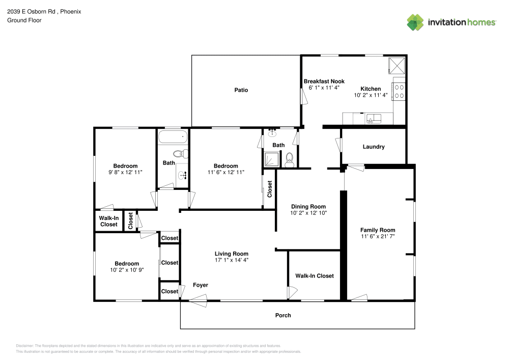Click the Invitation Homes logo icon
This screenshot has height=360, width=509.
(x=415, y=22)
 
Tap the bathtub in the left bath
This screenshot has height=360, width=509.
(x=172, y=137)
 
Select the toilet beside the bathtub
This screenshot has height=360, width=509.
(x=180, y=153)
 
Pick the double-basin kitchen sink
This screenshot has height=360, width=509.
(x=374, y=119)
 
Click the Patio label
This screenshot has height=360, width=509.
(x=241, y=90)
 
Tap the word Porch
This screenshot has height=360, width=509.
(x=283, y=315)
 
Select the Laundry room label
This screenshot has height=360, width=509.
(x=373, y=147)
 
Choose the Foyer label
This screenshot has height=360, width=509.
(x=200, y=285)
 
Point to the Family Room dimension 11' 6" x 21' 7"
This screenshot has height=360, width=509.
(x=378, y=237)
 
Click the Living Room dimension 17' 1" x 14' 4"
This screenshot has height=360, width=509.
(x=231, y=260)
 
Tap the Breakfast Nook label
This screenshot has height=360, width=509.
(x=324, y=81)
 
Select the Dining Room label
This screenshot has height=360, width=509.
(x=308, y=206)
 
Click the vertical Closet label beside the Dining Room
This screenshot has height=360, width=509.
(x=270, y=189)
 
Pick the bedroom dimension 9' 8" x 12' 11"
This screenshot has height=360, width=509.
(x=125, y=173)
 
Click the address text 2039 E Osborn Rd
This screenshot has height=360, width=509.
(x=32, y=11)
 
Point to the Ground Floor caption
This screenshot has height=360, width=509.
(x=24, y=20)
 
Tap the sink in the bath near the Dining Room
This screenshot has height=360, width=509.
(x=272, y=133)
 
